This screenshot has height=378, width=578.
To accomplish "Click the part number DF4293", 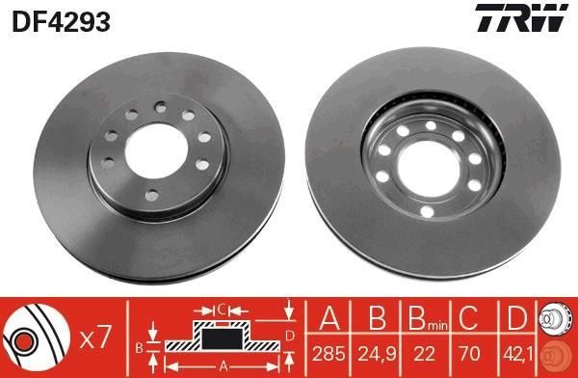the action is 62,21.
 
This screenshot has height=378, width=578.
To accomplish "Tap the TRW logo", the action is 521,17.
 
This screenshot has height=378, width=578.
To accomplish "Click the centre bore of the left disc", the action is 156,151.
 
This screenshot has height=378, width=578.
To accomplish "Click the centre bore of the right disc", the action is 430,169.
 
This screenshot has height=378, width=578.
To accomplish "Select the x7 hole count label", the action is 95,337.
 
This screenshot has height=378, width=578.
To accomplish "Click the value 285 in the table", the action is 328,354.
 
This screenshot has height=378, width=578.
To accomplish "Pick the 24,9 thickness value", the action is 377,355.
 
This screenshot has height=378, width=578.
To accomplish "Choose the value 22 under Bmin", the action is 424,354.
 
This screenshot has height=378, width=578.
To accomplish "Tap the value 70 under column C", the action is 469,354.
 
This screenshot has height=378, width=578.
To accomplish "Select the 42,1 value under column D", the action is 518,355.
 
